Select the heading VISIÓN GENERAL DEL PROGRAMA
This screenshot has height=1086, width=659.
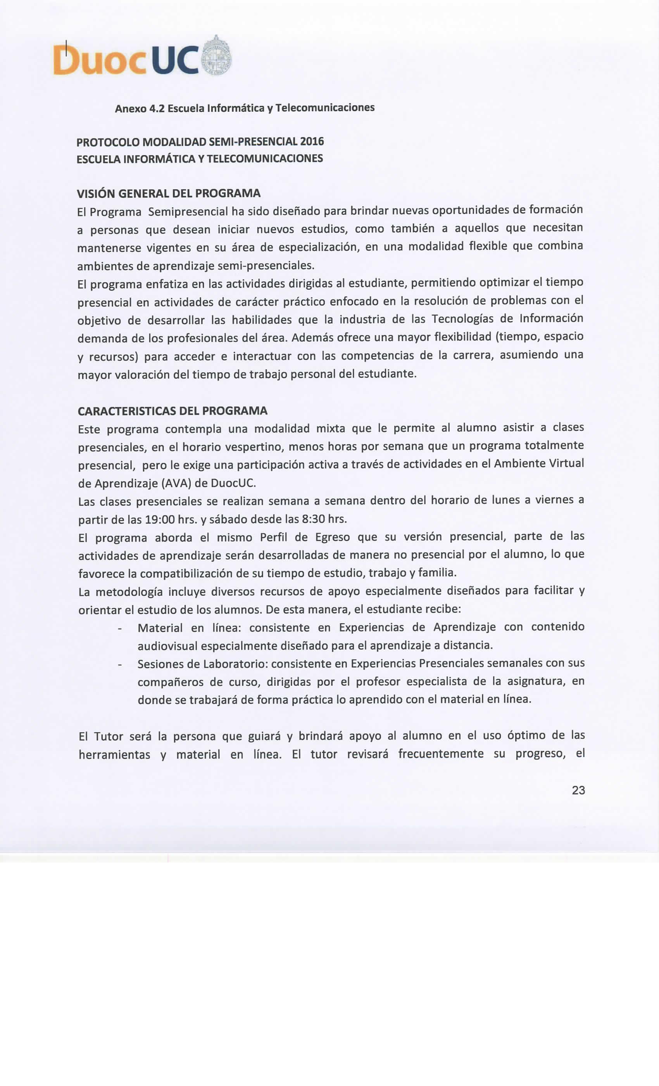coord(169,193)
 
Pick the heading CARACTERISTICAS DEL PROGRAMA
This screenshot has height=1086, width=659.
coord(173,411)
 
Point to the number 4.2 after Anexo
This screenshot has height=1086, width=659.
coord(157,109)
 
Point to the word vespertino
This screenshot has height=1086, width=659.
coord(255,446)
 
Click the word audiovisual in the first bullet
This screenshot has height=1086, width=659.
coord(167,646)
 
